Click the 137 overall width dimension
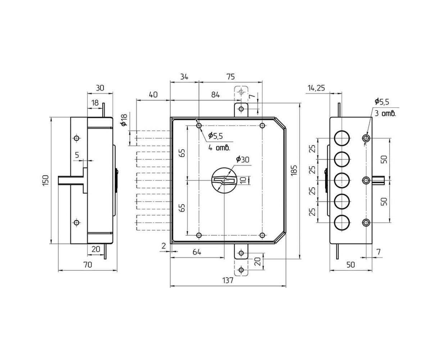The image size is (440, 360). [x=227, y=280]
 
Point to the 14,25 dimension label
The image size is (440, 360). [x=316, y=88]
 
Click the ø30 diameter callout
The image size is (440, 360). [x=242, y=159]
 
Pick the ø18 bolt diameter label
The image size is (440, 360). [x=124, y=120]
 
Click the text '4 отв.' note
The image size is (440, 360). [x=219, y=148]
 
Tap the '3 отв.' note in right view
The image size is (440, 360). [x=385, y=114]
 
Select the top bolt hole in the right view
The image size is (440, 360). [x=342, y=138]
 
